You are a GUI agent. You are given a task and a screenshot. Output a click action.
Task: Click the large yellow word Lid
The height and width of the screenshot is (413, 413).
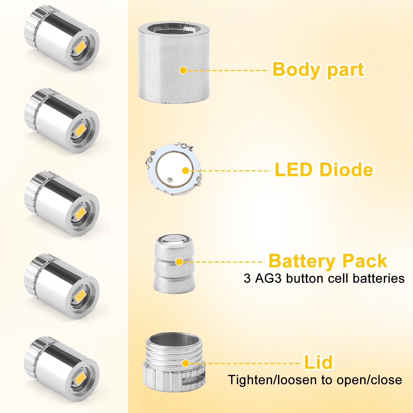click(318, 362)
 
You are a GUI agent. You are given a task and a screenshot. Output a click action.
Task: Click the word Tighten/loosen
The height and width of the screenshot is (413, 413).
click(273, 380)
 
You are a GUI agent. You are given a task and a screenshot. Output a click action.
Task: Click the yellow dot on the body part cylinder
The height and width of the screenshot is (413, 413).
click(183, 70)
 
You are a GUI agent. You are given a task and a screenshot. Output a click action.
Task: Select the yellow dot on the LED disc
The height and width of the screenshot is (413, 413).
click(186, 170)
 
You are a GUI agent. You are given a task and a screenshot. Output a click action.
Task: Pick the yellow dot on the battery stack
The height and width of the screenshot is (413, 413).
click(179, 262)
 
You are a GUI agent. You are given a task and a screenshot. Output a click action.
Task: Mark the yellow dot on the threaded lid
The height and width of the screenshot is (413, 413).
click(185, 363)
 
